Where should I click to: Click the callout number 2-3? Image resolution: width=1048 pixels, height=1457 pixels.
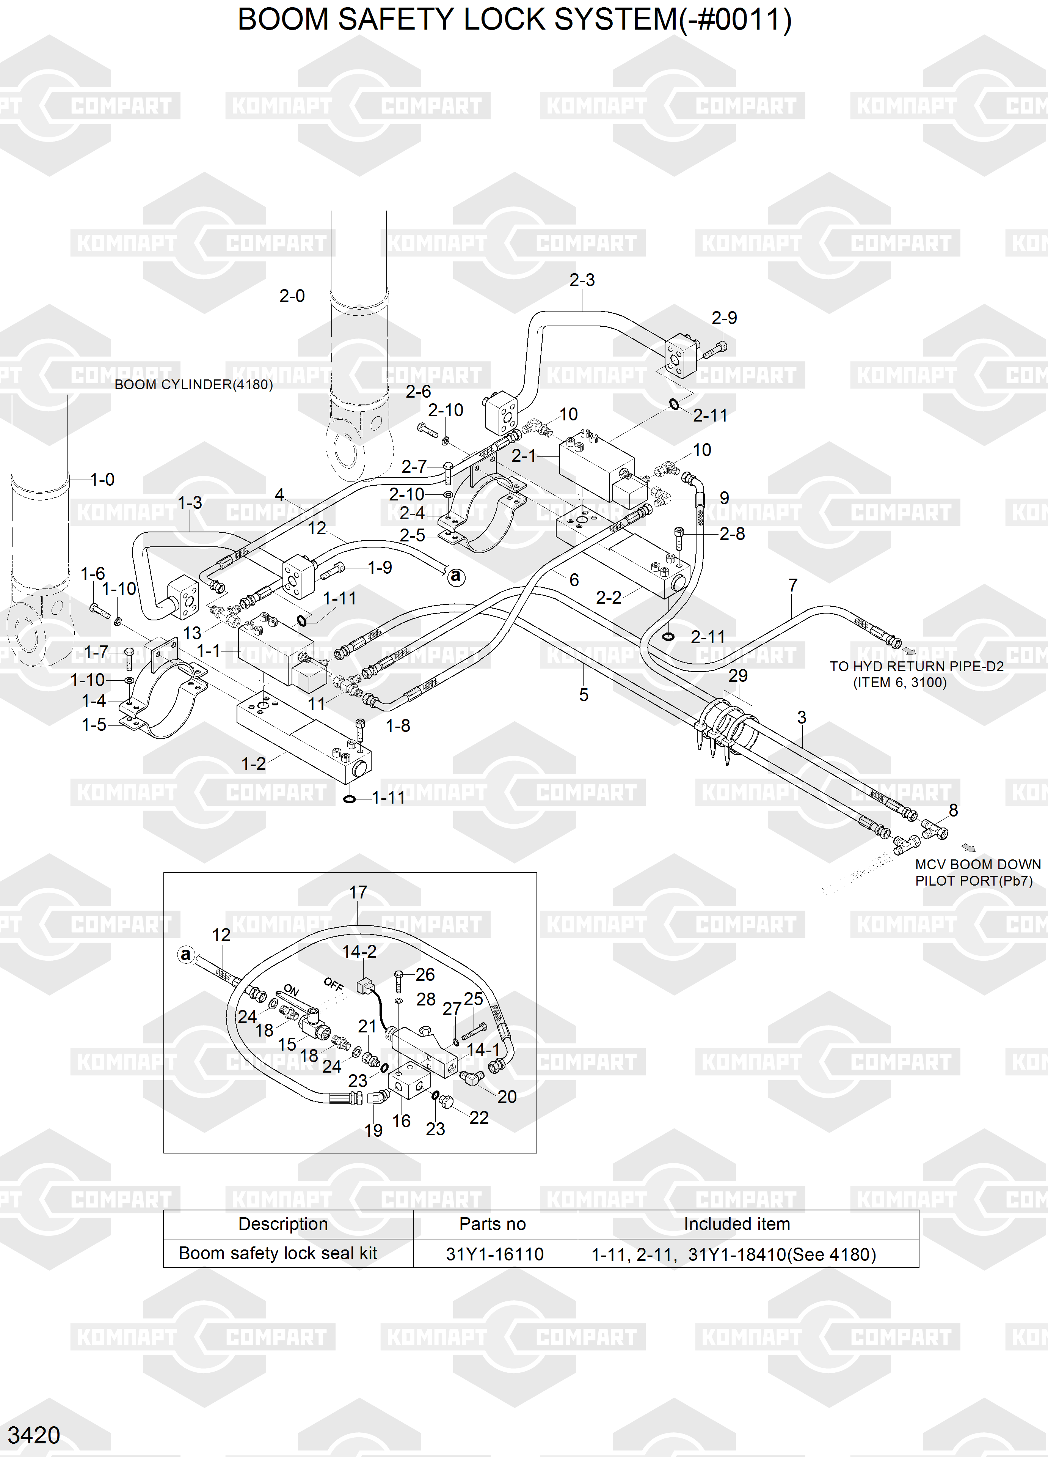(582, 280)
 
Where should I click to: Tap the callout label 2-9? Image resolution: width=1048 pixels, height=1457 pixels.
(724, 318)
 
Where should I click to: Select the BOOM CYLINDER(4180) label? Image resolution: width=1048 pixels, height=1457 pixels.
(193, 385)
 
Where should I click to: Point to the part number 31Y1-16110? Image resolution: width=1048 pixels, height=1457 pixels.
(494, 1254)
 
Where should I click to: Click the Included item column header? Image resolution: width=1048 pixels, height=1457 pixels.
(737, 1224)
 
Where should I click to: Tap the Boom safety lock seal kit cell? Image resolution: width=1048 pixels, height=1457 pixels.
(278, 1253)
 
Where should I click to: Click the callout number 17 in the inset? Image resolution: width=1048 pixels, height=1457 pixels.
(358, 892)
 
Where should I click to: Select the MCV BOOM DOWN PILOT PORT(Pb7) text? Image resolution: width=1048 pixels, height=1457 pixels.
(977, 872)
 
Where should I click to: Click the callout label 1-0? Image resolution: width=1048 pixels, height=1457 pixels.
(102, 479)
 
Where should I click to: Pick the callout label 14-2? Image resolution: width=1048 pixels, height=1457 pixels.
(359, 952)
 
